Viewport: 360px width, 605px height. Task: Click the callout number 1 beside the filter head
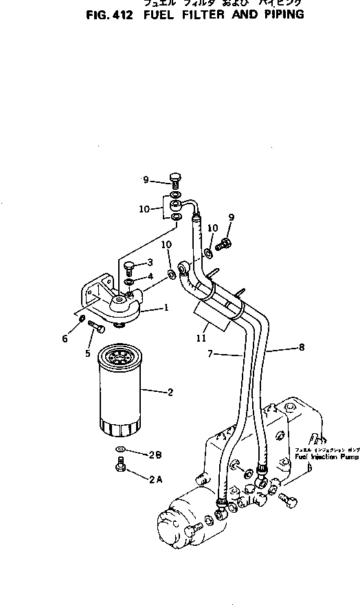pyautogui.click(x=166, y=308)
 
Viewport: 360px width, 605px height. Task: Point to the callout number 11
pyautogui.click(x=201, y=338)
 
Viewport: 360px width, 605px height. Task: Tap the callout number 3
pyautogui.click(x=150, y=263)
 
